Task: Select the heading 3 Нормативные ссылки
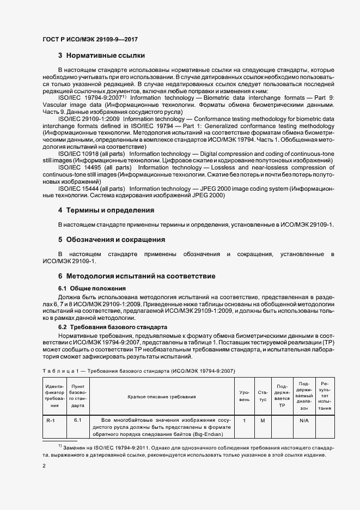pos(101,56)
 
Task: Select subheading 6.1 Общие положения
pos(92,288)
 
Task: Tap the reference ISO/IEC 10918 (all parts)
pos(84,154)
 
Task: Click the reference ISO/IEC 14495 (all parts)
pos(84,168)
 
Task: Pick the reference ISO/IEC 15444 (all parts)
pos(84,189)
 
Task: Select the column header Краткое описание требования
pos(162,397)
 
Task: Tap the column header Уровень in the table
pos(245,396)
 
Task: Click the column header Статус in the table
pos(263,396)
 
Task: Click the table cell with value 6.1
pos(78,420)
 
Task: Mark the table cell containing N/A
pos(304,420)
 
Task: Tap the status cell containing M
pos(263,420)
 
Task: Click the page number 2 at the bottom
pos(44,466)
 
